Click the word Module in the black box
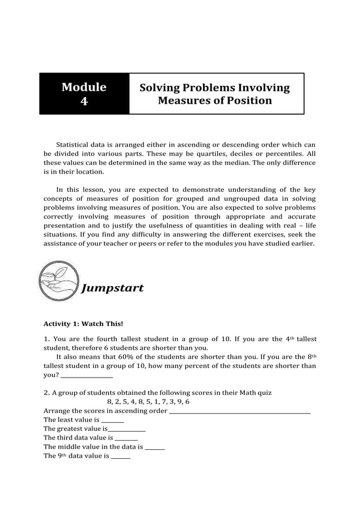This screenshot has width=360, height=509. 84,87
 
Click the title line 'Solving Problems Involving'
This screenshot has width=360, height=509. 214,87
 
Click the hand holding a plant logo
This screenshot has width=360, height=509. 59,280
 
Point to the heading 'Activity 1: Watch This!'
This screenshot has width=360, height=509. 83,324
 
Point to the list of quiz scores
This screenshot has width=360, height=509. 148,402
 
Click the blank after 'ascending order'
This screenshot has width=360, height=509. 240,411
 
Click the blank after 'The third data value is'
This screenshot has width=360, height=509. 126,438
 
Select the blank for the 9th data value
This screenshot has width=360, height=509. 121,457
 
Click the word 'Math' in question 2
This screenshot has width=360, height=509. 244,393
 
